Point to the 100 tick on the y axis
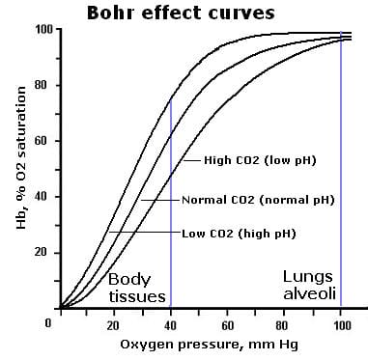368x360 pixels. pos(44,30)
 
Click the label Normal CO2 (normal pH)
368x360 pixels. pos(258,200)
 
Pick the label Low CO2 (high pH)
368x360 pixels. pos(239,234)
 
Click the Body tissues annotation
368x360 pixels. pos(136,288)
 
